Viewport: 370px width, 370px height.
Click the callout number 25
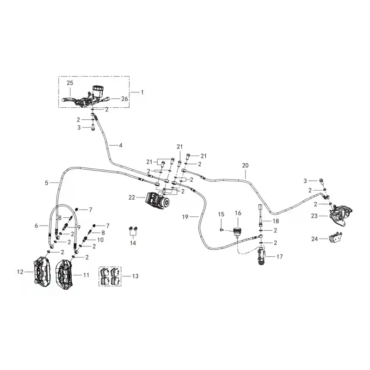point(70,83)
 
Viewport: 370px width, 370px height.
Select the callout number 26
point(124,99)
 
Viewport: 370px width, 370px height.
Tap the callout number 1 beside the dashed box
point(142,92)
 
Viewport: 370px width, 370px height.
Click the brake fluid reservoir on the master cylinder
point(97,90)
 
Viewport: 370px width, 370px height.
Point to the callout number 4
point(121,145)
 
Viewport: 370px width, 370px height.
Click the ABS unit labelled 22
point(157,200)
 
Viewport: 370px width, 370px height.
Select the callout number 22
point(132,197)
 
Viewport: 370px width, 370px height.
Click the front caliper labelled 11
point(64,274)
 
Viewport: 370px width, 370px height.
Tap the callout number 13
point(135,276)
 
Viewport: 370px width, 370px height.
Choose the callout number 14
point(133,243)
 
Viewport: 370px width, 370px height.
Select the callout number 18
point(276,221)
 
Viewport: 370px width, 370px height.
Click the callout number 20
point(245,166)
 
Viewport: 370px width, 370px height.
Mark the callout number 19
point(185,216)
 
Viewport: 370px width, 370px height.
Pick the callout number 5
point(47,183)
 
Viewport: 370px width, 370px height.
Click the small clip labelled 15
point(222,229)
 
